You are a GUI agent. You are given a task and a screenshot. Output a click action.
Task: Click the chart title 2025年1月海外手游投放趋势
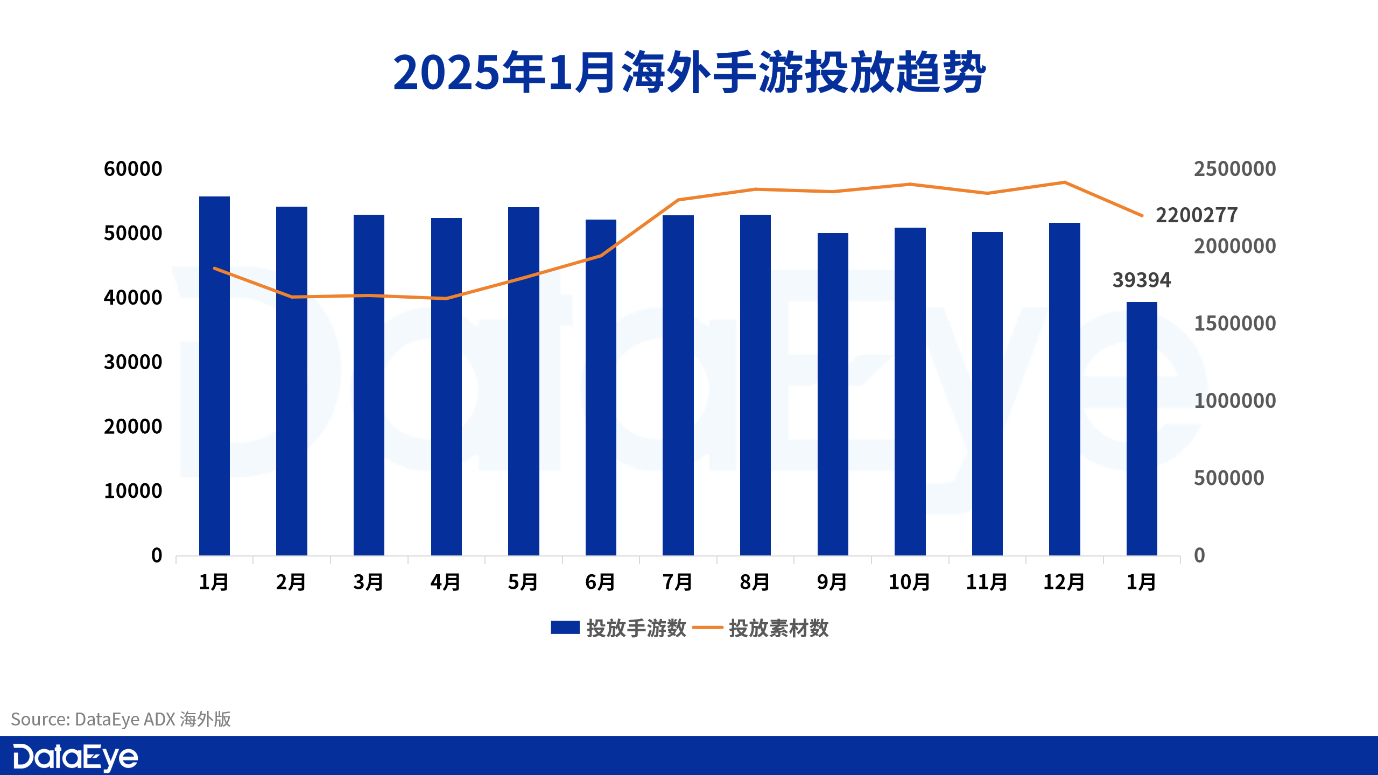[689, 73]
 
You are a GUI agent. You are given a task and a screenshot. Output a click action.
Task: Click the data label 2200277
[1197, 215]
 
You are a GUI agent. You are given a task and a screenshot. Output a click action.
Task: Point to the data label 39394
[1141, 280]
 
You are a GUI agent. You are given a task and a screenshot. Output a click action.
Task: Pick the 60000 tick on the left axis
[132, 169]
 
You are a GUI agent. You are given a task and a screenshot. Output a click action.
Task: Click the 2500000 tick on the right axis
[1234, 169]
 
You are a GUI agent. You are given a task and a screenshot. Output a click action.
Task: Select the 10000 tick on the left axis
[132, 491]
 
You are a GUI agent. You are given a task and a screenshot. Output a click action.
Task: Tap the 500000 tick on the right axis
[1228, 478]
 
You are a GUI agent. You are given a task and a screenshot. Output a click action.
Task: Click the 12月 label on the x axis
[1064, 582]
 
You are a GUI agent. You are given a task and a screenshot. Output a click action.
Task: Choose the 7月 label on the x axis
[677, 582]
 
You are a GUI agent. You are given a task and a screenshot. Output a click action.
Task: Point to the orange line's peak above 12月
[1064, 182]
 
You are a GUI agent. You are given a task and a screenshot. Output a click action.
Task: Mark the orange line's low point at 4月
[446, 298]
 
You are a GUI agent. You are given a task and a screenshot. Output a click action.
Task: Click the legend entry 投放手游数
[619, 628]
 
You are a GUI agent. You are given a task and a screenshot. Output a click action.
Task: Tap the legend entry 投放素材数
[761, 628]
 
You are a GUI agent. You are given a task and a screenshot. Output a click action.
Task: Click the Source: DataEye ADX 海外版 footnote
[121, 719]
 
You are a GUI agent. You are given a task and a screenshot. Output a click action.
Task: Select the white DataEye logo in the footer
[75, 757]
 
